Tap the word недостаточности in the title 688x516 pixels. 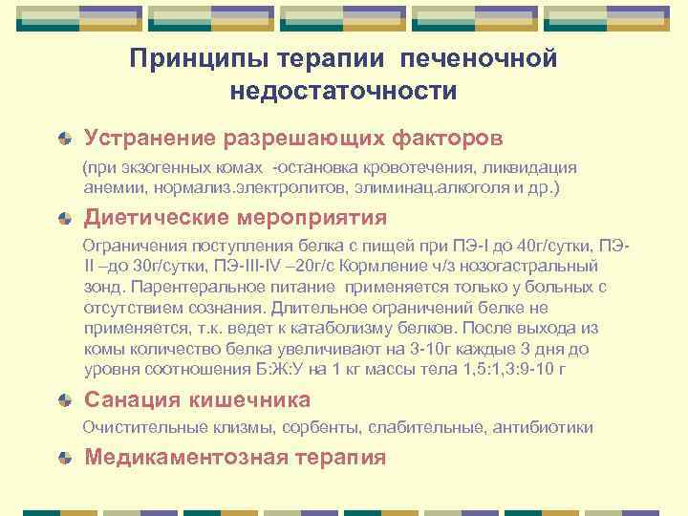pyautogui.click(x=343, y=92)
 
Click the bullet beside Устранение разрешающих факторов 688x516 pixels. pyautogui.click(x=64, y=139)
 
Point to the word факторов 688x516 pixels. pyautogui.click(x=447, y=139)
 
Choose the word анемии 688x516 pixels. pyautogui.click(x=109, y=187)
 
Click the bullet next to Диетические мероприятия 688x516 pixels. pyautogui.click(x=64, y=218)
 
